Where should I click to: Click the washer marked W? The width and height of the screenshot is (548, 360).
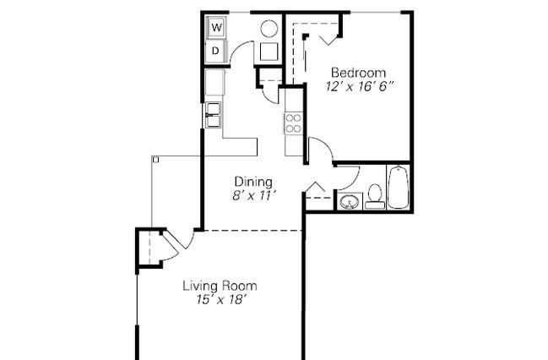point(217,27)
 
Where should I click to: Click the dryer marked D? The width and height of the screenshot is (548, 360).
point(216,51)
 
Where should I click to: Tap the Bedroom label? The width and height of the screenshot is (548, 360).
point(359,73)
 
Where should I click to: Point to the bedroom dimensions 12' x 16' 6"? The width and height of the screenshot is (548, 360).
point(360,86)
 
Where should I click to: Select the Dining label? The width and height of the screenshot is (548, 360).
point(253,182)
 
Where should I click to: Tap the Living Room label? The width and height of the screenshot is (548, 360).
point(220,286)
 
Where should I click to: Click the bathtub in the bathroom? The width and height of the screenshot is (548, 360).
point(398,187)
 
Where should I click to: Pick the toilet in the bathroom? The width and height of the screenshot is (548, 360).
point(375,197)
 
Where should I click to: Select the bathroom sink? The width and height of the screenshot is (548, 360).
point(350,201)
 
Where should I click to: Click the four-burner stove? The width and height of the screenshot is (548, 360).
point(293,123)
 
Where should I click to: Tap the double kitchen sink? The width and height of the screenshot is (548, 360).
point(213,115)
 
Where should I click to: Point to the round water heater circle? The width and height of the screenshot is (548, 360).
point(269,29)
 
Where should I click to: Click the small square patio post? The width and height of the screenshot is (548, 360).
point(156,160)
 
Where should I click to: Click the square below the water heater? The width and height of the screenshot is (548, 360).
point(269,52)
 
